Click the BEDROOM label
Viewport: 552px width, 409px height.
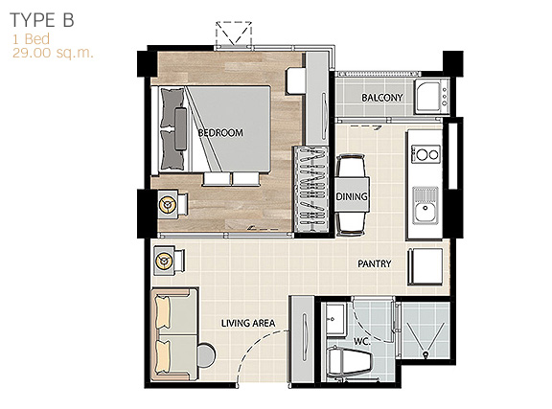click(220, 133)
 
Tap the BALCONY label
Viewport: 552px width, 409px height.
click(382, 98)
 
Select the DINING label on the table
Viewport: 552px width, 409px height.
click(352, 196)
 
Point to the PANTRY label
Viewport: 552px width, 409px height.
click(374, 263)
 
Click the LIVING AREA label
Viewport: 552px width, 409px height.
click(248, 323)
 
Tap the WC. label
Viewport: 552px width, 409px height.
click(362, 341)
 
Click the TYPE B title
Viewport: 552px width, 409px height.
click(42, 20)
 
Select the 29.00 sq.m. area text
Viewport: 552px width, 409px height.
click(53, 53)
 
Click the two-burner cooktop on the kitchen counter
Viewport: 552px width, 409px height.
click(425, 154)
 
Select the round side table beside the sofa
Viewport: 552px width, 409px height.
click(206, 355)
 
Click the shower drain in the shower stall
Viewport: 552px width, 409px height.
click(425, 354)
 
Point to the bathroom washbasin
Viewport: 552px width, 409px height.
click(335, 319)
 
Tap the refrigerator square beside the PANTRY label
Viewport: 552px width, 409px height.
click(425, 266)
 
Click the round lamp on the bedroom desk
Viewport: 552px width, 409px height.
click(167, 204)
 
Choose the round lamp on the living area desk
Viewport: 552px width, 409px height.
click(163, 261)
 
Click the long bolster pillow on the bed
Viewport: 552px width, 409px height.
click(180, 129)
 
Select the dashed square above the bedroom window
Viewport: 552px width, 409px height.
click(234, 34)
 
